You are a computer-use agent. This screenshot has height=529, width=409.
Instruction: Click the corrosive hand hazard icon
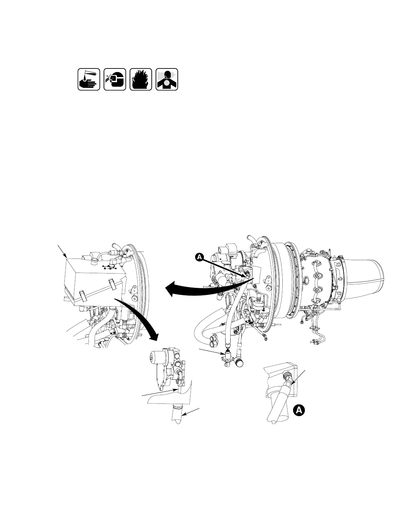[x=89, y=79]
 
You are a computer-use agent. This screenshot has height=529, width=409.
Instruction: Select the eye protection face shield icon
[x=115, y=79]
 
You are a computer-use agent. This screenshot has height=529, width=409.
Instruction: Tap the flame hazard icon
[x=141, y=79]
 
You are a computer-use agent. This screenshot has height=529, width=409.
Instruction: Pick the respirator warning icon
[x=167, y=79]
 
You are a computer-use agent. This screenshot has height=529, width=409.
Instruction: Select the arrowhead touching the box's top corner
[x=66, y=257]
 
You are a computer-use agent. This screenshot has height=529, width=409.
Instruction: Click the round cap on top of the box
[x=94, y=259]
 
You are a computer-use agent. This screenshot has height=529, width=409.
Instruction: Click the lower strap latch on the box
[x=83, y=295]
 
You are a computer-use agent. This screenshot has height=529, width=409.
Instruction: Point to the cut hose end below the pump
[x=177, y=416]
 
